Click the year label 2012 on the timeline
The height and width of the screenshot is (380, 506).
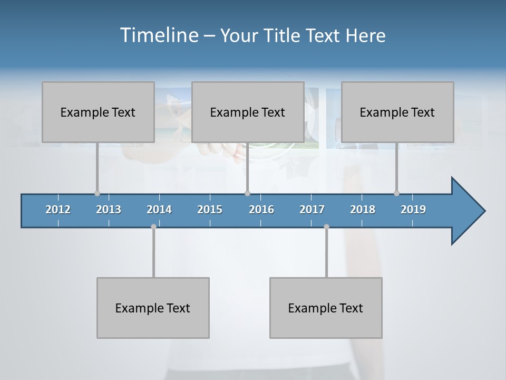pyautogui.click(x=58, y=210)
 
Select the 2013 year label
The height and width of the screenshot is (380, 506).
pyautogui.click(x=109, y=210)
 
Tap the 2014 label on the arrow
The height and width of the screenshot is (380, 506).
pyautogui.click(x=159, y=210)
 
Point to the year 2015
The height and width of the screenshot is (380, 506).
pyautogui.click(x=210, y=210)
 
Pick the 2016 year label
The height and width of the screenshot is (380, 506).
pyautogui.click(x=261, y=210)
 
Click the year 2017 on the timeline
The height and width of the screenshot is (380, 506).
pyautogui.click(x=312, y=210)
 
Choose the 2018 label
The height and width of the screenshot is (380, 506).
pyautogui.click(x=363, y=210)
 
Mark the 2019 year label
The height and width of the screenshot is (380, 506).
pyautogui.click(x=413, y=210)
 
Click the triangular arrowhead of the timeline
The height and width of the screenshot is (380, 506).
pyautogui.click(x=466, y=211)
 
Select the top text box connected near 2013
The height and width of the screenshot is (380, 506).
pyautogui.click(x=98, y=112)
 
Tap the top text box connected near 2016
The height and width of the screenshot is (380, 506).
pyautogui.click(x=248, y=112)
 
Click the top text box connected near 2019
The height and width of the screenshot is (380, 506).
pyautogui.click(x=397, y=112)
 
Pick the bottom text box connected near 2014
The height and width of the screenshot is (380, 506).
pyautogui.click(x=153, y=308)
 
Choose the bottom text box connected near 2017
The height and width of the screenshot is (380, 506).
pyautogui.click(x=326, y=308)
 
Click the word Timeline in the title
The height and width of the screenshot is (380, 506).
pyautogui.click(x=159, y=35)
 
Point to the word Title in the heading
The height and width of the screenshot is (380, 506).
pyautogui.click(x=285, y=36)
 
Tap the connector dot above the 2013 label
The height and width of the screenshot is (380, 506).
pyautogui.click(x=97, y=193)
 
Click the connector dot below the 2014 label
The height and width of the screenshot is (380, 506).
pyautogui.click(x=153, y=227)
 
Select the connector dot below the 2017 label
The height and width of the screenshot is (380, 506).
pyautogui.click(x=326, y=227)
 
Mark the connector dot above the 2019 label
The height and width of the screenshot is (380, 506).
pyautogui.click(x=396, y=193)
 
